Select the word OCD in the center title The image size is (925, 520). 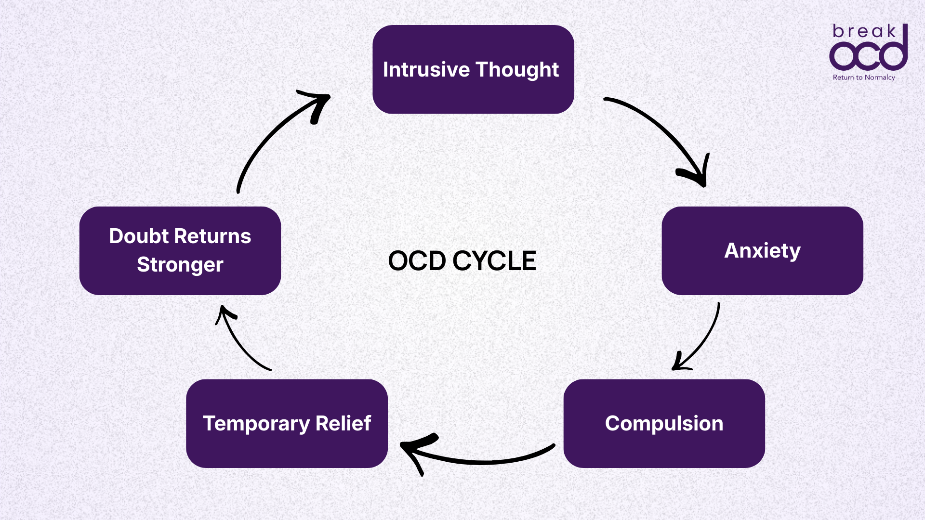pos(417,261)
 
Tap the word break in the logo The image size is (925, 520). pos(864,32)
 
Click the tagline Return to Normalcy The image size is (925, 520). pos(864,78)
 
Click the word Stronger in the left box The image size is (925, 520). pos(180,265)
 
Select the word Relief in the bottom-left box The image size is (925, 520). pos(343,424)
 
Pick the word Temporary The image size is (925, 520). pos(256,424)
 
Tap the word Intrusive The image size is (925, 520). pos(426,70)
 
